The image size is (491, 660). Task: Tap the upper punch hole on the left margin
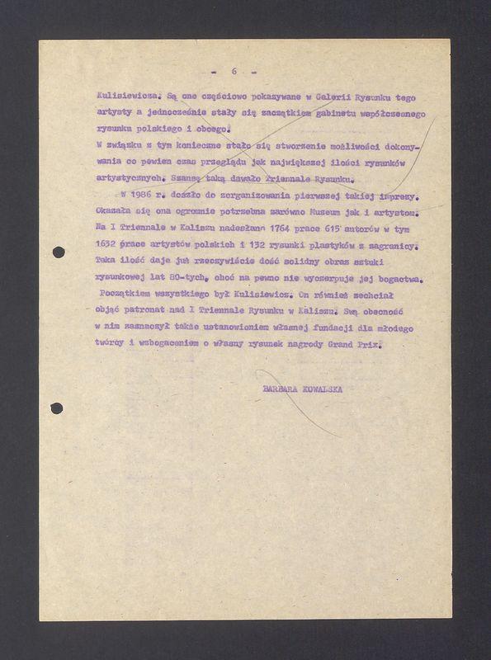(x=58, y=252)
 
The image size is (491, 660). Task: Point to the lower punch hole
(x=57, y=408)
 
